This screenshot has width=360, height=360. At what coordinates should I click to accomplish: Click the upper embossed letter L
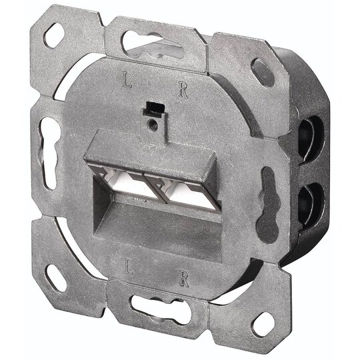pos(127,80)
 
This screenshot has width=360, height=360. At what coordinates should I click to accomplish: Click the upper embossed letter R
pos(184,90)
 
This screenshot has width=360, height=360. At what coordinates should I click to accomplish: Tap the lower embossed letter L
pos(129,266)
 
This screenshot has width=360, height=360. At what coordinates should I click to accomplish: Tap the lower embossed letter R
pos(185,279)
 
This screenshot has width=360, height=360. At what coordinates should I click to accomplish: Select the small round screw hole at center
pos(153,125)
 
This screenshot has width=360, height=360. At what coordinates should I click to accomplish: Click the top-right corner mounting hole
pos(263,73)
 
